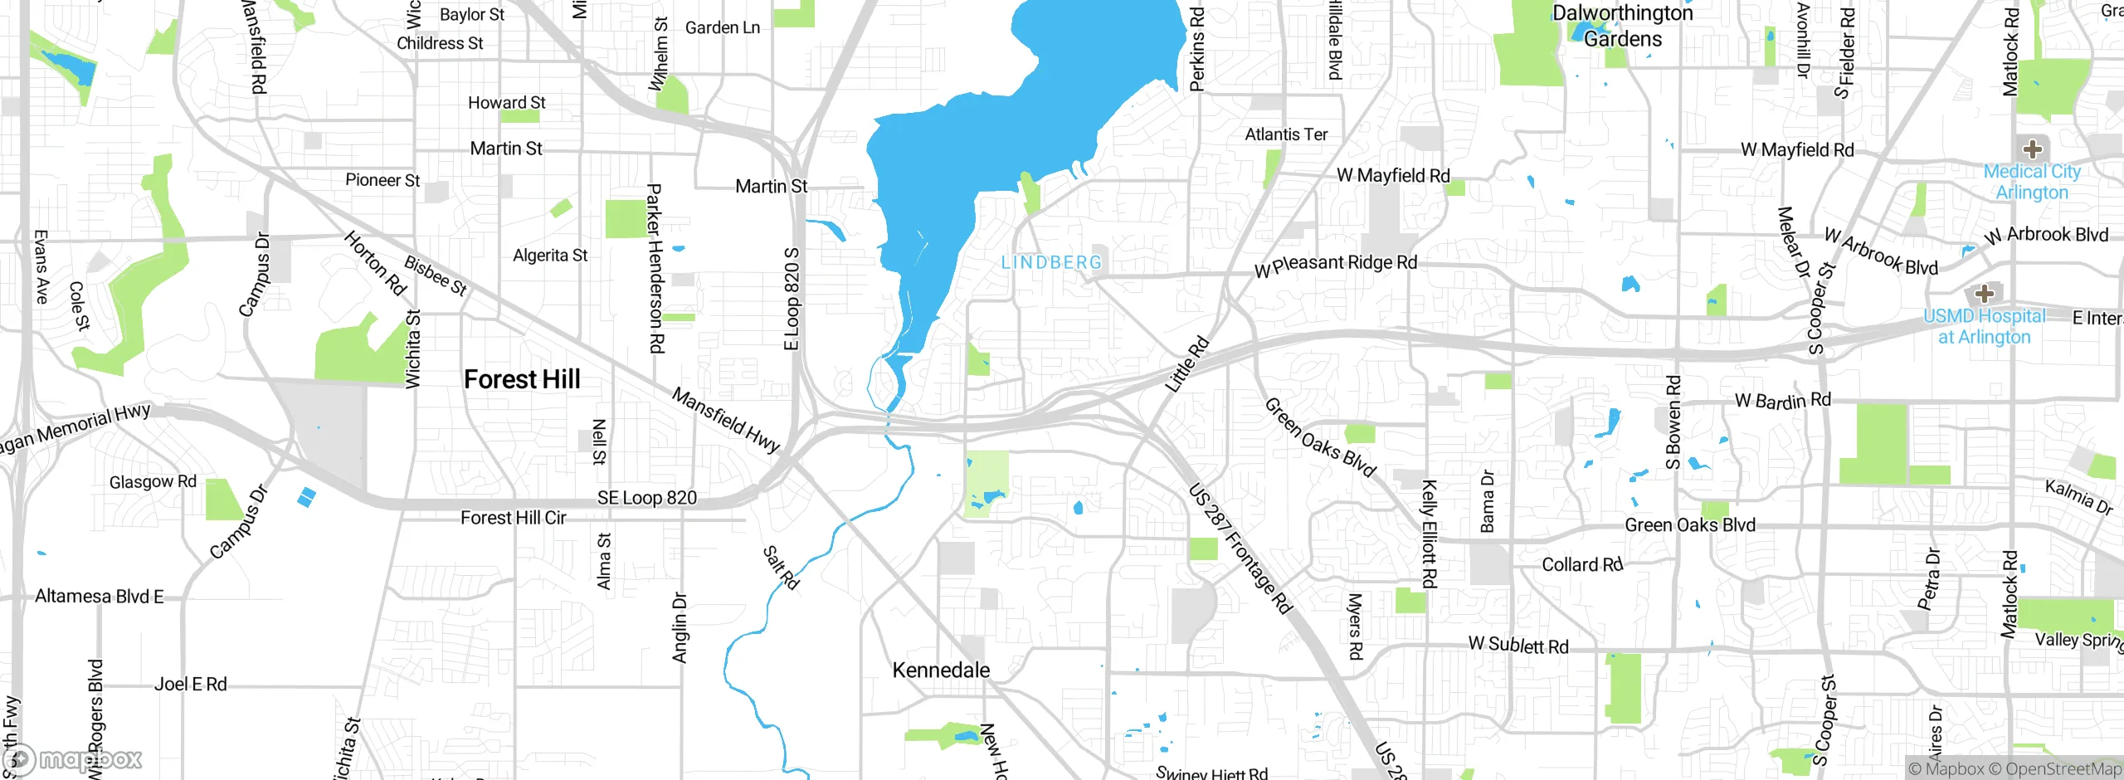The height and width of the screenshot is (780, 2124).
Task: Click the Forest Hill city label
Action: [522, 379]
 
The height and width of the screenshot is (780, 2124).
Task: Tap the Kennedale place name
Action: [941, 670]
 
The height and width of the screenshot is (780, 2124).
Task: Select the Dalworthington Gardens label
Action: [1622, 26]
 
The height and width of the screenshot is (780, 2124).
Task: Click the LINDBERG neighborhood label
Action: [1051, 262]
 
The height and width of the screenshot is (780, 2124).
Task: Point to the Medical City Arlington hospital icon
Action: [2032, 149]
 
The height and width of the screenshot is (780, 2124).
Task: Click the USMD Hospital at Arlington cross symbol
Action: [1984, 294]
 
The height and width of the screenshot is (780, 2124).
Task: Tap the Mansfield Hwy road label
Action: [725, 420]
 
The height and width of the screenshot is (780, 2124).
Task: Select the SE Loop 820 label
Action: [647, 498]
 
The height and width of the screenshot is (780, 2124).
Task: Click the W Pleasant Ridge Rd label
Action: [1336, 265]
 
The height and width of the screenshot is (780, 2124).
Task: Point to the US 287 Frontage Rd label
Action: [1240, 548]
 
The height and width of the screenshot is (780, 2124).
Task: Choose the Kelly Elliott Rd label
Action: [1429, 534]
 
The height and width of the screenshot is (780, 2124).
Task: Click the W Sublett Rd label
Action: [1518, 645]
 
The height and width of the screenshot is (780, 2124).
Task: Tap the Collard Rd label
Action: [1581, 564]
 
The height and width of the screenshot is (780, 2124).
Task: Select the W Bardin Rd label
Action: [1782, 401]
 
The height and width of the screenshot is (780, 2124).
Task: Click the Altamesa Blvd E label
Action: [100, 597]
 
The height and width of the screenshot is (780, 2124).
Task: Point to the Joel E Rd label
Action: [190, 685]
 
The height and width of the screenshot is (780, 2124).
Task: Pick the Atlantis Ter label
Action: [1286, 134]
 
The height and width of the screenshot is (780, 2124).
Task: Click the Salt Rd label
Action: [781, 568]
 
